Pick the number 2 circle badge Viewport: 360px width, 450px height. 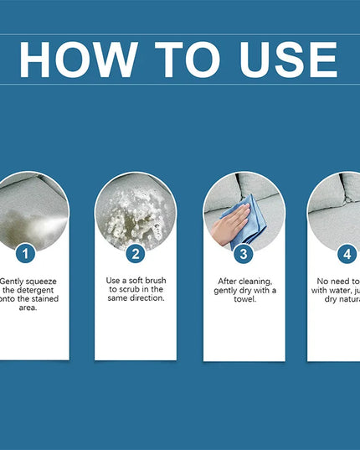pos(136,252)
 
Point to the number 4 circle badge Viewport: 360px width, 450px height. pos(347,252)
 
